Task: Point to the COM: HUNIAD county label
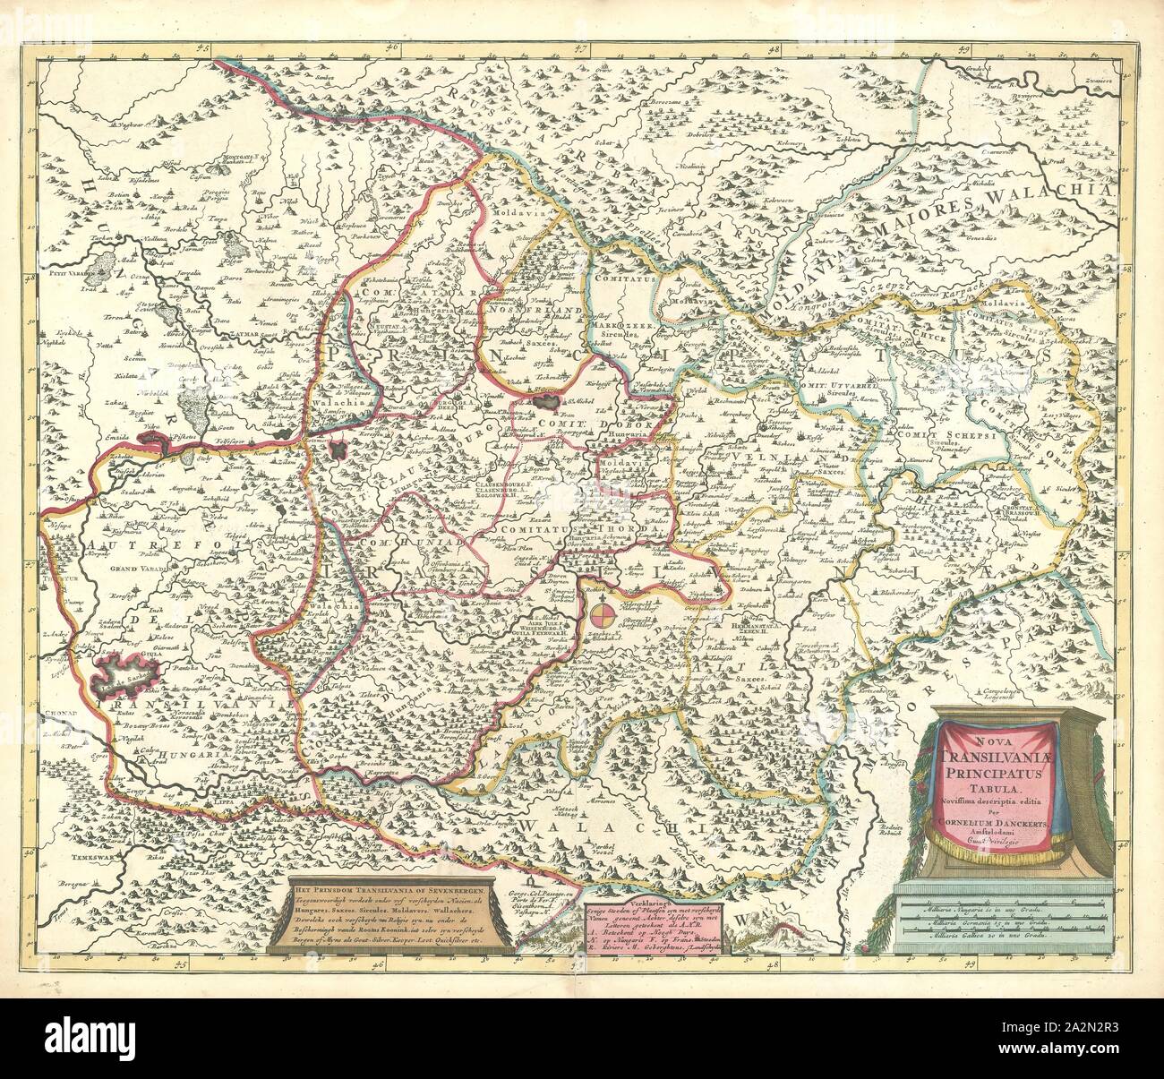point(389,544)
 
